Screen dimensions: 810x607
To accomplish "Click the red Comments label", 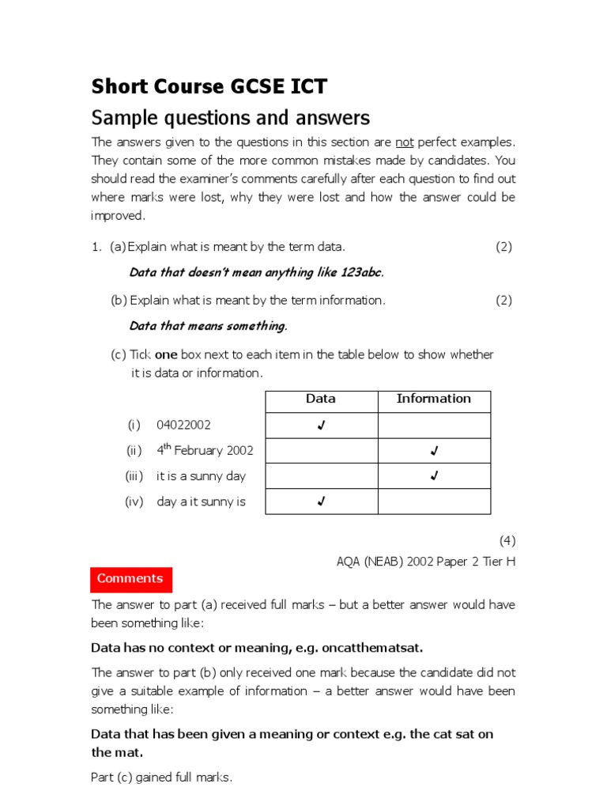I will coord(130,579).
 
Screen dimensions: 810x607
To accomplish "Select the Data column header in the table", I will coord(320,399).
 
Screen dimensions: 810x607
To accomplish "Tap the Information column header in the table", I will coord(433,399).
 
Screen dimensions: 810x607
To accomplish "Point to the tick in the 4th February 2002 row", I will coord(434,451).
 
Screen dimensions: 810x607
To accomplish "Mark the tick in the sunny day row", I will coord(434,476).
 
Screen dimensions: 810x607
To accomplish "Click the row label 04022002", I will coord(183,426).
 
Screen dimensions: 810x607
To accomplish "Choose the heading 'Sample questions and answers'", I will coord(231,118).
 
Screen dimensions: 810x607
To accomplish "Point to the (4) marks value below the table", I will coord(507,541).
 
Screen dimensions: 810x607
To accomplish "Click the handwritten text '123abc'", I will coord(361,273).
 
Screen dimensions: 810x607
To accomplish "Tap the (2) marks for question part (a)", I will coord(503,247).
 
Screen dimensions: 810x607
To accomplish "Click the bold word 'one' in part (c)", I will coord(166,355).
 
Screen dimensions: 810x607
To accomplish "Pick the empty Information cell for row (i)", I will coord(434,426).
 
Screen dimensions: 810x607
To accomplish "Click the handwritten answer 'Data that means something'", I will coord(207,326).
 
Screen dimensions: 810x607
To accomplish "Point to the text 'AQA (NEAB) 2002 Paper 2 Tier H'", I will coord(425,560).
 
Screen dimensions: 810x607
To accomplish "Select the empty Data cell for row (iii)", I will coord(320,476).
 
